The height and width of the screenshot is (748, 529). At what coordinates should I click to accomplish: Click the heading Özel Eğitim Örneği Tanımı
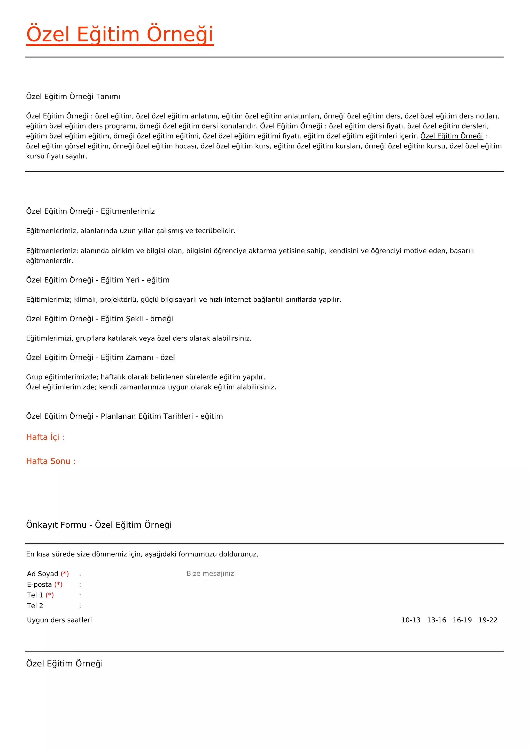click(73, 96)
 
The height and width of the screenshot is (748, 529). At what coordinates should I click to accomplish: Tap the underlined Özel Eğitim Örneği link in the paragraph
click(452, 136)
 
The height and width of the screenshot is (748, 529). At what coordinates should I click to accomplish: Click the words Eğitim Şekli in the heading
click(121, 319)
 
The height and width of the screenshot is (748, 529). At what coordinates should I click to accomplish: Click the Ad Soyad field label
click(42, 574)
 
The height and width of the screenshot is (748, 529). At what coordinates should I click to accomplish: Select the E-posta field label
click(40, 585)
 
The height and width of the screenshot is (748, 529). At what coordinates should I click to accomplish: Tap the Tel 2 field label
click(35, 606)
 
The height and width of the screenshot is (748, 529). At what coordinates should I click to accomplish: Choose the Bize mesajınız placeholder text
click(210, 573)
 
